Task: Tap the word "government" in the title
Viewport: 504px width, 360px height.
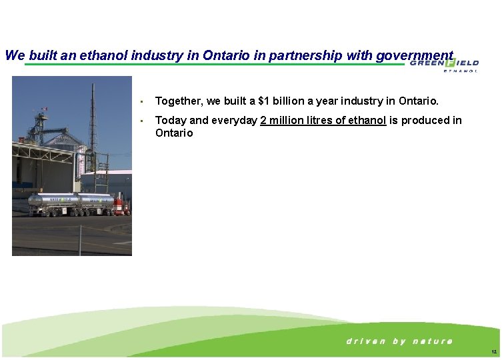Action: (414, 55)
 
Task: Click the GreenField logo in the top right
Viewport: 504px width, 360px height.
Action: (444, 63)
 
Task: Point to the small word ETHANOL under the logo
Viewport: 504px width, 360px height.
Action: (461, 71)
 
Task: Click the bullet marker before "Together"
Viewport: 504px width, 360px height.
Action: (143, 102)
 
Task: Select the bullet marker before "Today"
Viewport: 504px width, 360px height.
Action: (143, 121)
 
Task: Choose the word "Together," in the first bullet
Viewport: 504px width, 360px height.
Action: (179, 101)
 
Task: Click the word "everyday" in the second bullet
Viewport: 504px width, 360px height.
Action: (235, 120)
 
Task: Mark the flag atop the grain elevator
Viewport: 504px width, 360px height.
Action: (44, 109)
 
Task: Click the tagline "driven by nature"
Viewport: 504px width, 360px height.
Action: (399, 341)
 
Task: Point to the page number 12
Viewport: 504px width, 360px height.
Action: (493, 351)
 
